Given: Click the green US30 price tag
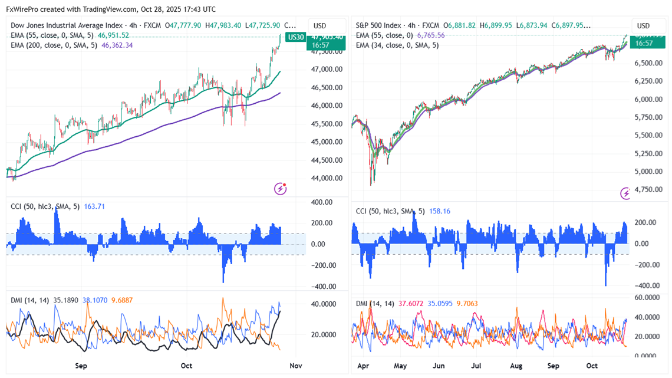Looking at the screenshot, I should click(294, 37).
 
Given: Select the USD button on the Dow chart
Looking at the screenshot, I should click(319, 26).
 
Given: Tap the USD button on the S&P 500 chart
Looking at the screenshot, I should click(643, 26).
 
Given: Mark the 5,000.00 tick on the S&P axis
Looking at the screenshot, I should click(648, 172).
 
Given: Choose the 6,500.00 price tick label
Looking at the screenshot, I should click(648, 63).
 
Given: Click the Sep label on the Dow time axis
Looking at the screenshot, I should click(81, 366).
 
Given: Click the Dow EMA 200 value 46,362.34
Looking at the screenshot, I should click(117, 45).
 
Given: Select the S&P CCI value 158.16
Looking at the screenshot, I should click(438, 211).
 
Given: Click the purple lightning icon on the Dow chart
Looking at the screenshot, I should click(281, 189).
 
